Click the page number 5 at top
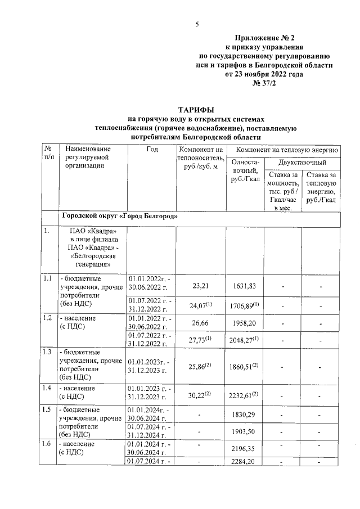(x=197, y=24)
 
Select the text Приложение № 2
(x=264, y=38)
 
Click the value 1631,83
(x=245, y=286)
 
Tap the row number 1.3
(x=47, y=353)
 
